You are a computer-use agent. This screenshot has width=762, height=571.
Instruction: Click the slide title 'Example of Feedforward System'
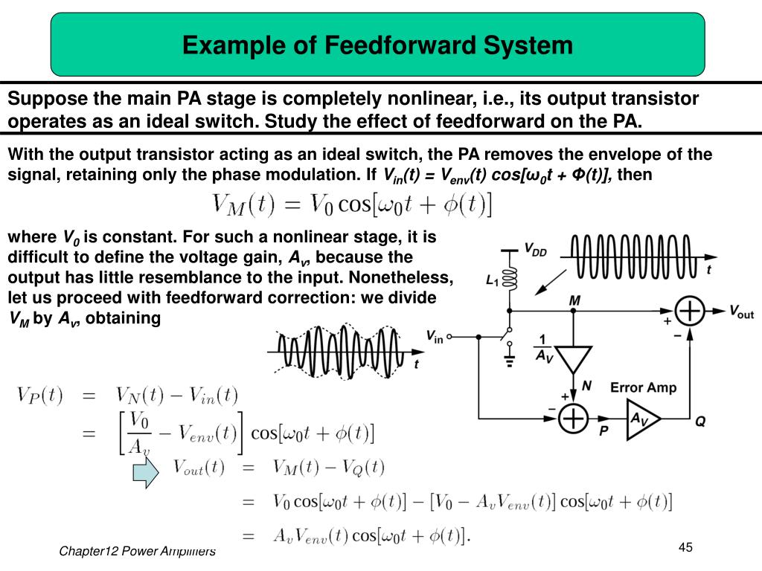pos(377,45)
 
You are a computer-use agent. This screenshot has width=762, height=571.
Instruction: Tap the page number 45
pos(685,548)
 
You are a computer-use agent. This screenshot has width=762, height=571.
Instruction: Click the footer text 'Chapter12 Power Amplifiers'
pos(138,551)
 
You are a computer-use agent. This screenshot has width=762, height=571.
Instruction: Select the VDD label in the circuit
pos(535,251)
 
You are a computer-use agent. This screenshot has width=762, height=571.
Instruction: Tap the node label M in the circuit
pos(574,300)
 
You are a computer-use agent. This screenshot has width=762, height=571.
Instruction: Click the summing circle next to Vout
pos(691,311)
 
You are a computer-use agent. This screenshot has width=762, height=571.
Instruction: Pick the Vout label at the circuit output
pos(740,312)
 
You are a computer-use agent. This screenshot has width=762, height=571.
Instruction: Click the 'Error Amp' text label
pos(643,387)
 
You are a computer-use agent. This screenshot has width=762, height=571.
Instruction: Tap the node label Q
pos(700,422)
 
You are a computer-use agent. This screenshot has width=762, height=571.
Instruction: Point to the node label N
pos(587,386)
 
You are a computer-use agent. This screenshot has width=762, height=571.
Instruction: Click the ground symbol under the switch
pos(510,362)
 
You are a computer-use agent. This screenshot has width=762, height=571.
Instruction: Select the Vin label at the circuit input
pos(435,337)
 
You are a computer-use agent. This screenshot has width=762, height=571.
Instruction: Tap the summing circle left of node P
pos(574,418)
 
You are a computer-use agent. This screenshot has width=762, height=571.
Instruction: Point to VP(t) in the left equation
pos(40,396)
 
